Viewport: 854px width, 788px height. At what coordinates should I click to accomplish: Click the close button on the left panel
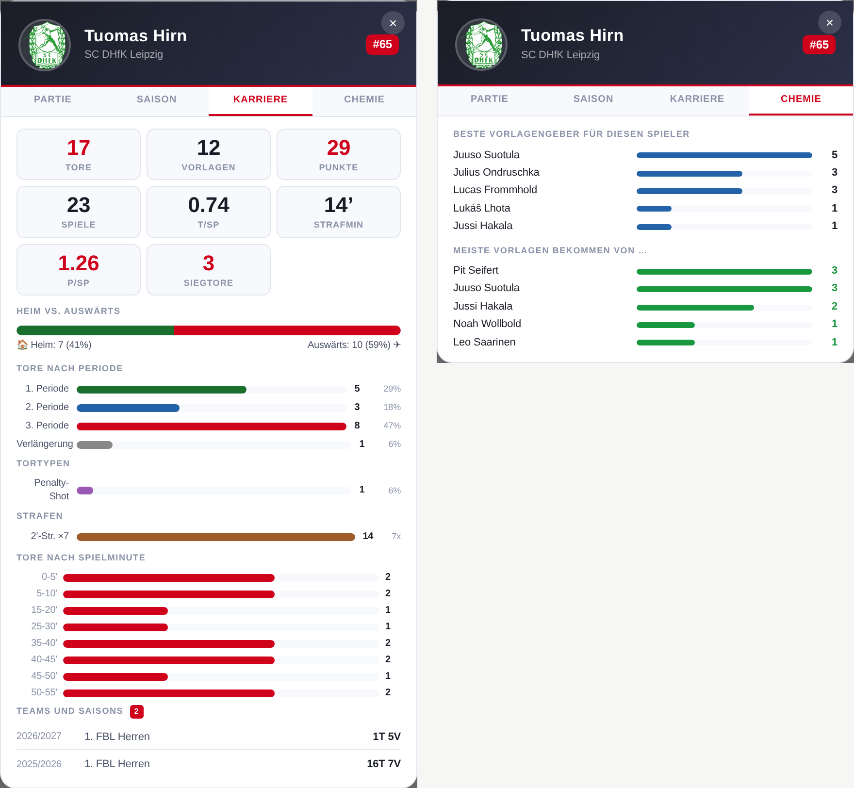click(393, 23)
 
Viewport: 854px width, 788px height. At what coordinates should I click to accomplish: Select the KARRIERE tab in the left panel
click(260, 99)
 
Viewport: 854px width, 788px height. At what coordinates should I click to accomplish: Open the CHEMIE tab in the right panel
click(801, 99)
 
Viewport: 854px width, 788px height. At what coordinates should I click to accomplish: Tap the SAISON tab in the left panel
click(156, 99)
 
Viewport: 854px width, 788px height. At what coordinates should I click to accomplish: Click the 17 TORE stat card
click(79, 154)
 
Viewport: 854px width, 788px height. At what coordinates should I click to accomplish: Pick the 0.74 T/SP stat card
click(209, 212)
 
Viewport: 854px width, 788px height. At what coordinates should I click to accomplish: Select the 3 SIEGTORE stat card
click(209, 270)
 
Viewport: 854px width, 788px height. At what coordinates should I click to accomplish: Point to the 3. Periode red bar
click(212, 427)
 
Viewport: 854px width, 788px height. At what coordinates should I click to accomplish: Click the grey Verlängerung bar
click(95, 445)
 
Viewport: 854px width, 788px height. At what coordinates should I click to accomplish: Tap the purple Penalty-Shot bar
click(85, 491)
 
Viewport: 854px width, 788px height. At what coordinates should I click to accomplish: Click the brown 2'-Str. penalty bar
click(216, 537)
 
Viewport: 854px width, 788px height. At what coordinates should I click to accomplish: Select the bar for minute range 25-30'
click(115, 627)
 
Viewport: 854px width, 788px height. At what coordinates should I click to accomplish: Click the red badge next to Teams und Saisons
click(137, 711)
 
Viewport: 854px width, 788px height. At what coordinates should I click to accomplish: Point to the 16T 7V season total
click(384, 764)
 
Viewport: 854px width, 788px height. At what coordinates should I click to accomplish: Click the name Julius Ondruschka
click(496, 172)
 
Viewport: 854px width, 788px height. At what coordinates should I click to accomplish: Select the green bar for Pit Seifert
click(724, 272)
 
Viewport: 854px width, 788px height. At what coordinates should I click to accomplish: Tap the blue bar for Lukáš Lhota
click(654, 209)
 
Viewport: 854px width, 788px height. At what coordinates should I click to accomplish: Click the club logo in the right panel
click(481, 45)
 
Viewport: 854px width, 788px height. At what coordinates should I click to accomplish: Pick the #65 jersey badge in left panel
click(382, 45)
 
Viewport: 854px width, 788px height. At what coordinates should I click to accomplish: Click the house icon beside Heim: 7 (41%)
click(22, 345)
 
